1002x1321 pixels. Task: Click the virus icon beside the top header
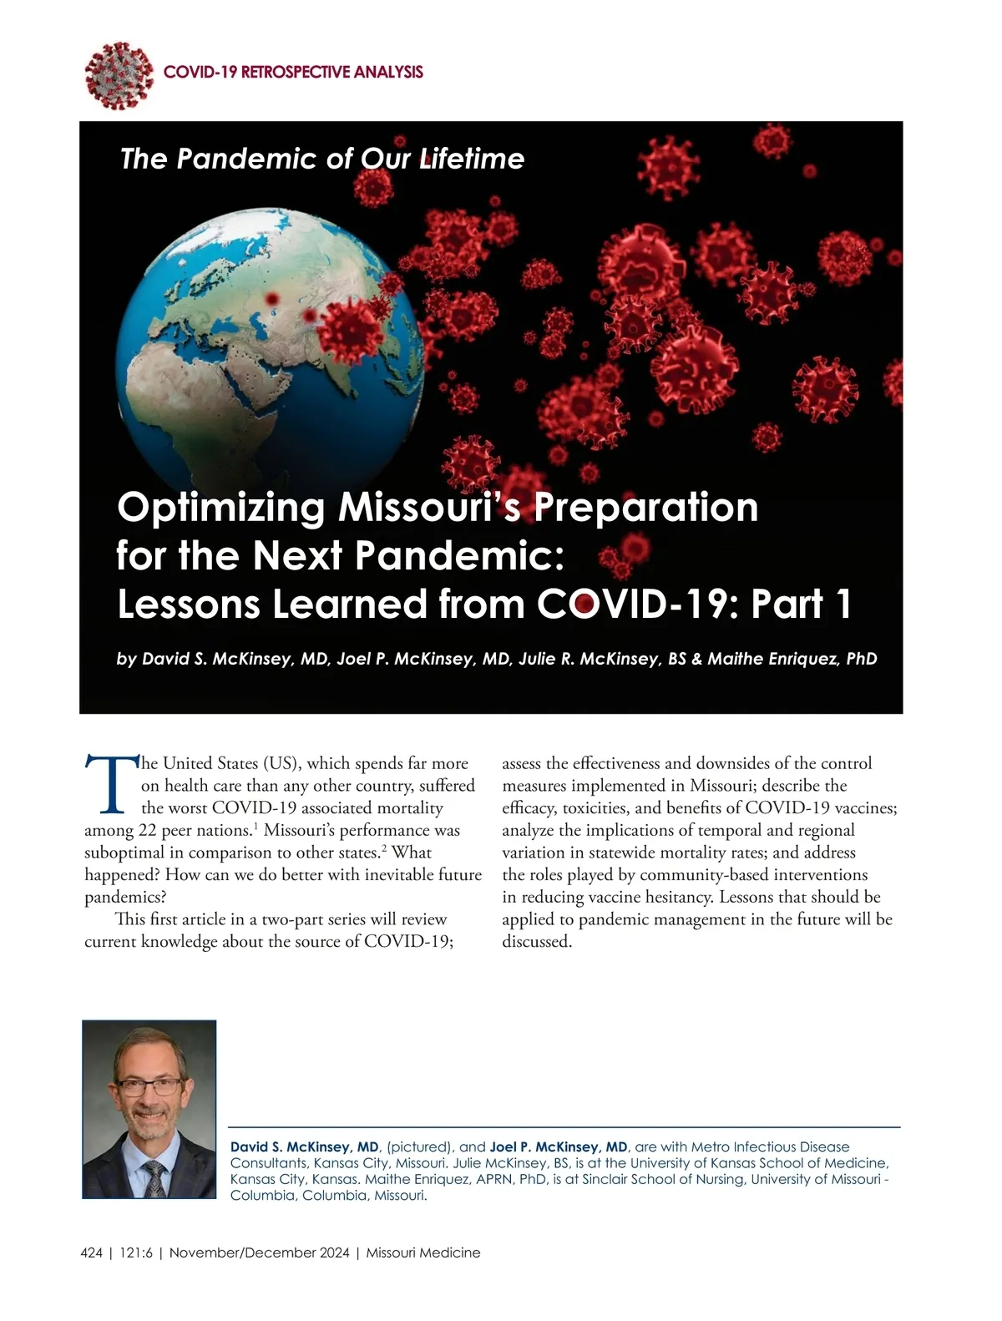(119, 74)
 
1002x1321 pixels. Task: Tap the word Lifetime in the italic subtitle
(472, 159)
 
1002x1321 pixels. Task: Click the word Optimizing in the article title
(221, 508)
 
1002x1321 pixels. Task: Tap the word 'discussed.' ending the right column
(537, 942)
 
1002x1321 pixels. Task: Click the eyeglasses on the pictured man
(149, 1087)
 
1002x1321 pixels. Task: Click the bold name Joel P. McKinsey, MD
(559, 1147)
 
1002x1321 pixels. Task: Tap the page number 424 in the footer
(91, 1253)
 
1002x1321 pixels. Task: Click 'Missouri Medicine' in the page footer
(423, 1253)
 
